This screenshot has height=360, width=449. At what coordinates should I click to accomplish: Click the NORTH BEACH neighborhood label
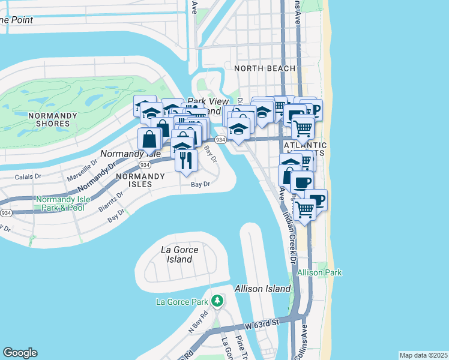pos(265,68)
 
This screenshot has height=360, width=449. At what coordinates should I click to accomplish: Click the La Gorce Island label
pos(177,254)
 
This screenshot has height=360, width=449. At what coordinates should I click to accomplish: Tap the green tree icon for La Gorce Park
pos(218,301)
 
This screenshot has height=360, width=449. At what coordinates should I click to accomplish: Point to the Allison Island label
pos(263,289)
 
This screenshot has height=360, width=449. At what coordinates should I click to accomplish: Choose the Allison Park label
pos(319,272)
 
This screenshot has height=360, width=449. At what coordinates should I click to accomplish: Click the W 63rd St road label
pos(262,325)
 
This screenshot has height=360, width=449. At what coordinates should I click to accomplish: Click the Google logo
pos(20,353)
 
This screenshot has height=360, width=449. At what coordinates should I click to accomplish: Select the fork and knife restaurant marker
pos(186,160)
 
